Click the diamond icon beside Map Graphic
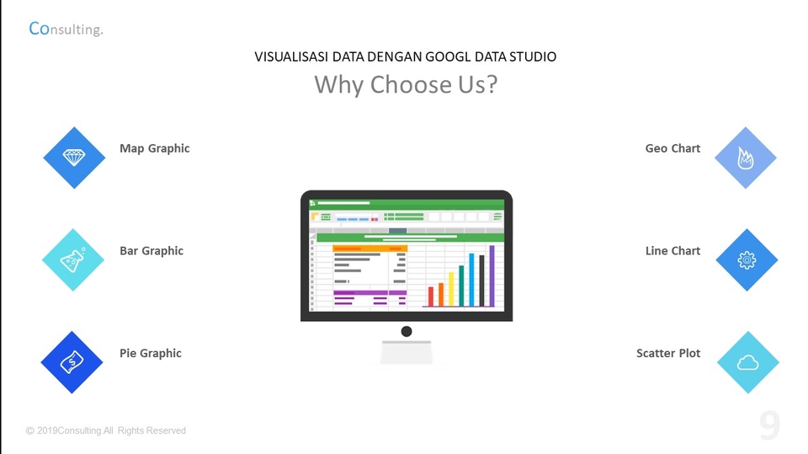click(74, 158)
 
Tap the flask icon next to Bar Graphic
click(73, 260)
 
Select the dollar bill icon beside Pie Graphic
click(72, 362)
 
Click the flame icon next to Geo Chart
click(745, 158)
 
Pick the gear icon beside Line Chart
click(747, 260)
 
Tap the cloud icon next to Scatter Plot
click(747, 362)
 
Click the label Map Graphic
click(154, 148)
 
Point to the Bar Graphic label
click(151, 251)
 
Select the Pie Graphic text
click(150, 354)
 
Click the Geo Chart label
click(672, 148)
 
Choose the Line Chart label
click(672, 251)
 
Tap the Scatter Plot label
click(668, 354)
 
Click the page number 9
click(769, 426)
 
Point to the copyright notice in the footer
click(106, 430)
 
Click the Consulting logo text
click(66, 29)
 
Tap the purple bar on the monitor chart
click(492, 277)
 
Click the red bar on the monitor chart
click(431, 296)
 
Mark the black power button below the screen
click(407, 331)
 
